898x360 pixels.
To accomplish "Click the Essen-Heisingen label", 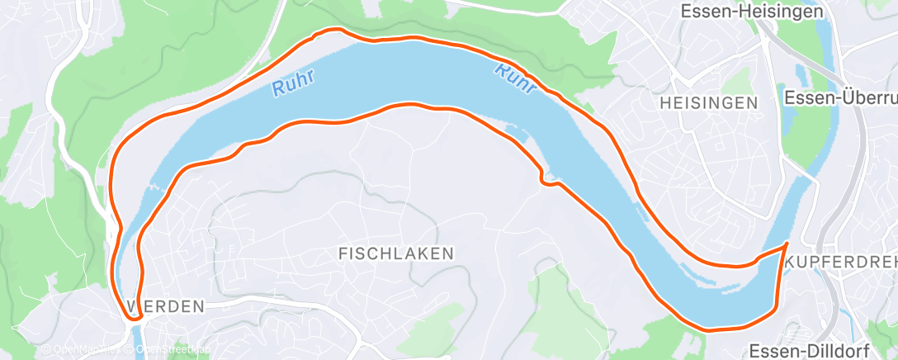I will click(752, 12).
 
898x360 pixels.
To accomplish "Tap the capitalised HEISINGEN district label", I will click(709, 103).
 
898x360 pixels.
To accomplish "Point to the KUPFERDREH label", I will click(842, 262).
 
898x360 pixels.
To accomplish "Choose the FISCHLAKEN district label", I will click(396, 253).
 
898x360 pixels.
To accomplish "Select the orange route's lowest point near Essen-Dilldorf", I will click(710, 329).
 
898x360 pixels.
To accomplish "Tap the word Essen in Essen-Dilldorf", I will click(771, 348).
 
